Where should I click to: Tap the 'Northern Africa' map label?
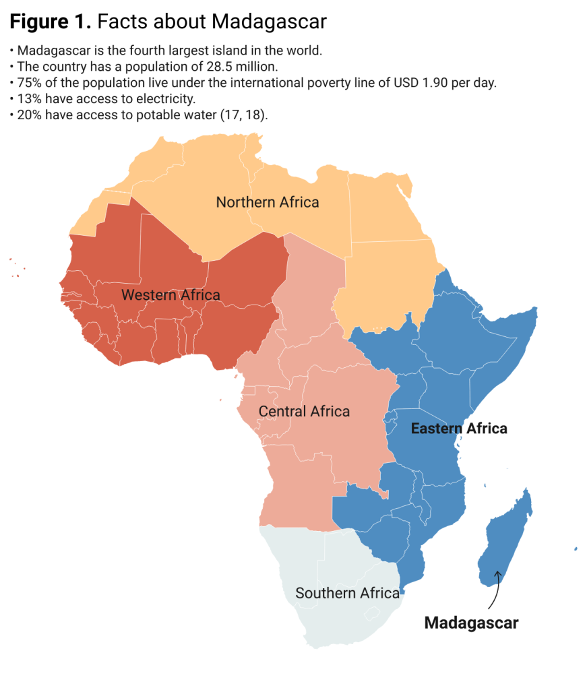(x=267, y=202)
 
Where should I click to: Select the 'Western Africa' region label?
(x=171, y=295)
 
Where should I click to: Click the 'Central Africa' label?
(x=304, y=411)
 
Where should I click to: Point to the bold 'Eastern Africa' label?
(x=459, y=429)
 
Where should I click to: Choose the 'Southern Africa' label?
(x=347, y=593)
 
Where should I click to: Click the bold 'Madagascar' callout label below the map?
(x=471, y=623)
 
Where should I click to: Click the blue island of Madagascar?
(x=505, y=539)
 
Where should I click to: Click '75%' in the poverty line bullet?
(x=29, y=83)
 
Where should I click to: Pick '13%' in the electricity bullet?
(x=29, y=99)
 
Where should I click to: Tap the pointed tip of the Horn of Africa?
(x=536, y=309)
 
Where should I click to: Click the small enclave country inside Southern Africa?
(x=371, y=614)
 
